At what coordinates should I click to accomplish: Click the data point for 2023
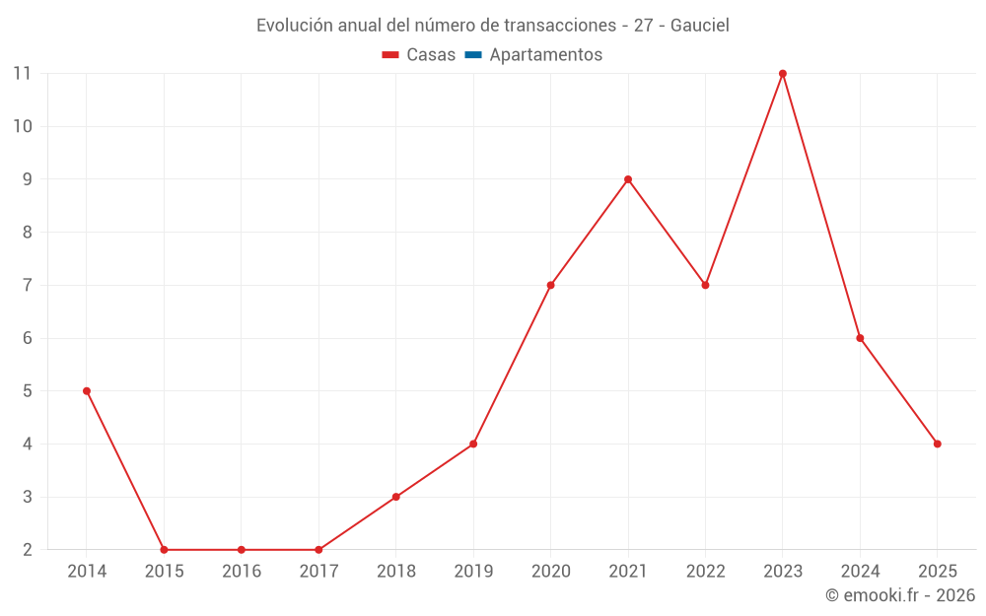(x=783, y=74)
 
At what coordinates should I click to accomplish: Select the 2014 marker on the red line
(x=87, y=391)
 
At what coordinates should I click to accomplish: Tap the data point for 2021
(x=628, y=179)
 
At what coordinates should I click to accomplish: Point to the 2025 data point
(x=938, y=444)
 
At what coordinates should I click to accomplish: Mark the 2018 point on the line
(x=396, y=497)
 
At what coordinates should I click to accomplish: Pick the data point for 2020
(x=551, y=285)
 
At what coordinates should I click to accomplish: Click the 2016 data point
(x=242, y=550)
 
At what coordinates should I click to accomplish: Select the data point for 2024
(x=861, y=338)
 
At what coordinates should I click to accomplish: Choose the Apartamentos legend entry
(x=545, y=55)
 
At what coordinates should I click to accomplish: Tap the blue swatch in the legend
(x=473, y=55)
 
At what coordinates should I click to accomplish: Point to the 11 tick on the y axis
(x=22, y=74)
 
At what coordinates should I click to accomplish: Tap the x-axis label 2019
(x=473, y=572)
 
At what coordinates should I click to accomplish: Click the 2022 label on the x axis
(x=706, y=572)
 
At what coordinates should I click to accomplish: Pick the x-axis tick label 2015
(x=164, y=572)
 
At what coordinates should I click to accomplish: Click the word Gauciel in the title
(x=700, y=26)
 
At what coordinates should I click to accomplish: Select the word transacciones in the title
(x=556, y=26)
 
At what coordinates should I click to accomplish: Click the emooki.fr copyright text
(x=900, y=595)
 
